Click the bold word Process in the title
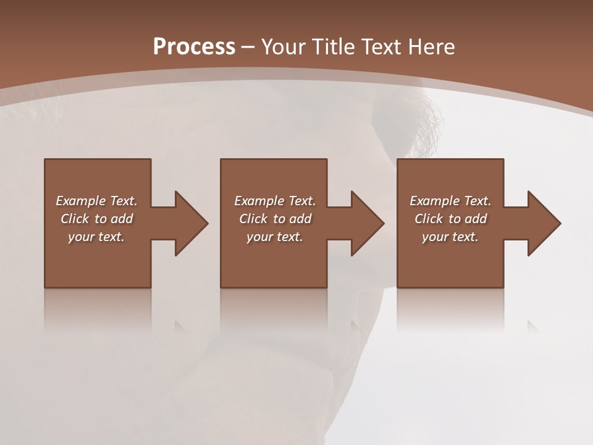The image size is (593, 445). coord(194,47)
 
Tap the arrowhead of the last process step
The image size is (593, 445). coord(543,223)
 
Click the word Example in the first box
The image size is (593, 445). coord(81,201)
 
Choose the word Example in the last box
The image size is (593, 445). coord(435,201)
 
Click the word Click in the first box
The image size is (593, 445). coord(75,219)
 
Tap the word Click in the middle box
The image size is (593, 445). coord(253,219)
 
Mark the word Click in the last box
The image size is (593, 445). coord(429,219)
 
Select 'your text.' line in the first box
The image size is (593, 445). coord(96,237)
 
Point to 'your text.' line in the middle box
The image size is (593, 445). coord(275,237)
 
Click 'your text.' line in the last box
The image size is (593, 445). coord(450,237)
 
